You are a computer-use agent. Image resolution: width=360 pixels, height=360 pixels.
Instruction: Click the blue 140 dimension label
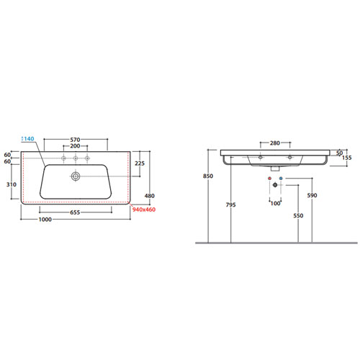point(29,139)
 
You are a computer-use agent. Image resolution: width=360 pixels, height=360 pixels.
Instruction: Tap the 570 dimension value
point(75,140)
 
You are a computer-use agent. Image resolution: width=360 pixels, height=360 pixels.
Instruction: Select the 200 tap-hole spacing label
point(75,146)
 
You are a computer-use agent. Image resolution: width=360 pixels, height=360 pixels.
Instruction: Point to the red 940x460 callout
point(144,210)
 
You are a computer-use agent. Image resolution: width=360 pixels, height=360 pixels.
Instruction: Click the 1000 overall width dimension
point(45,220)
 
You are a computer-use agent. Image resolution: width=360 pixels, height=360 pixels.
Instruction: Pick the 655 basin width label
point(75,212)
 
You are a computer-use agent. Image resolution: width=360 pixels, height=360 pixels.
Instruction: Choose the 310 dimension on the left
point(12,184)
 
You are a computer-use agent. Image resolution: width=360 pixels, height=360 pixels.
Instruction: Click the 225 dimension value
point(140,163)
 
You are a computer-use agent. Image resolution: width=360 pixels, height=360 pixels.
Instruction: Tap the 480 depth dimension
point(150,196)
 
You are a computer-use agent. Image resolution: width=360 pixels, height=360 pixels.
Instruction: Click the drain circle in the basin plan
point(76,176)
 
